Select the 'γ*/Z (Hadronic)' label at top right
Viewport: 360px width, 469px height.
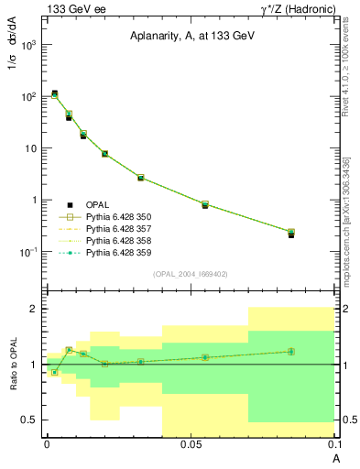(291, 8)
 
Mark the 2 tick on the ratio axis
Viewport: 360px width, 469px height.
(35, 310)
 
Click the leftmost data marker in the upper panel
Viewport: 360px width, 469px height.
(54, 94)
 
